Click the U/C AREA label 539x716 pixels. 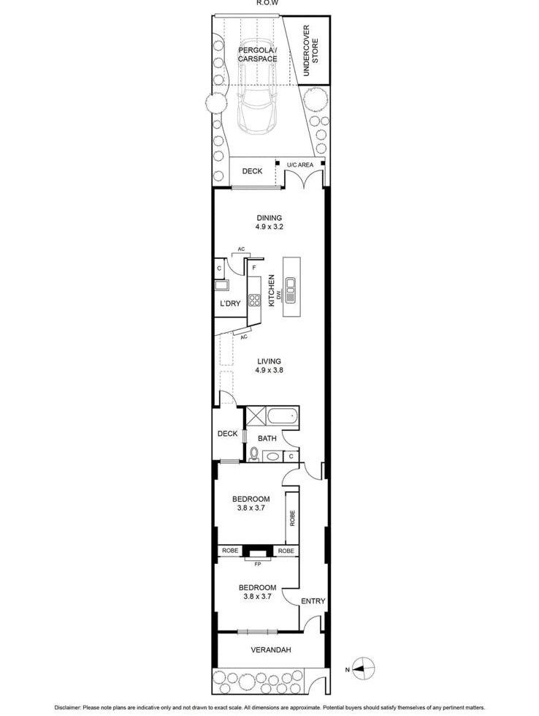(x=300, y=165)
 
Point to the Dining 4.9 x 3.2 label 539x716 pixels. (x=269, y=222)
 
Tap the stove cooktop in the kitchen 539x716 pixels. (x=255, y=299)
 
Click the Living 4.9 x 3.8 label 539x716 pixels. (x=269, y=366)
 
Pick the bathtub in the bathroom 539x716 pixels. (x=283, y=418)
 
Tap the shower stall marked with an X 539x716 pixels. (x=256, y=418)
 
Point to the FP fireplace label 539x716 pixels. (x=257, y=564)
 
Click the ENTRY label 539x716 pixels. (x=313, y=601)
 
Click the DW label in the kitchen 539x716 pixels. (x=279, y=295)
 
